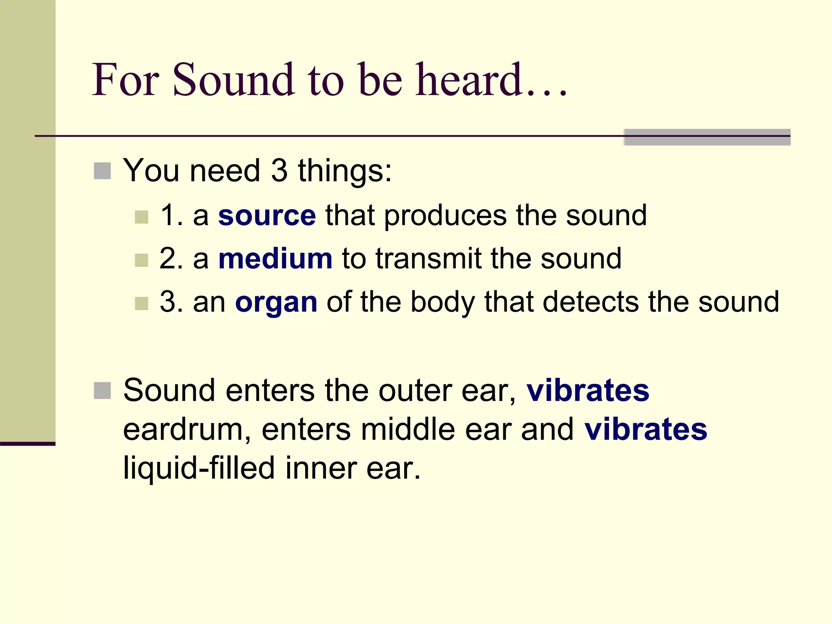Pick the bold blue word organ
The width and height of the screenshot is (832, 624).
[276, 303]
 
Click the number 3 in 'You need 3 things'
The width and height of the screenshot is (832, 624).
[279, 171]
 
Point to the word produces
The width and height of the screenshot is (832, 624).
[445, 216]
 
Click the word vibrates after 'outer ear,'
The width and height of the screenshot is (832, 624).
[588, 391]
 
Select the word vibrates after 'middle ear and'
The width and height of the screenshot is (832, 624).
[646, 430]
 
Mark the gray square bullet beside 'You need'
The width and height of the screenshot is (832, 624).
[102, 171]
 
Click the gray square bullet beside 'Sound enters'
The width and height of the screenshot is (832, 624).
[102, 391]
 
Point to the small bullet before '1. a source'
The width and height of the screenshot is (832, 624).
[141, 217]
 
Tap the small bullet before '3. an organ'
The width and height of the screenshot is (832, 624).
[141, 303]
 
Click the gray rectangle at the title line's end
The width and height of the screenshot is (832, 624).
[707, 137]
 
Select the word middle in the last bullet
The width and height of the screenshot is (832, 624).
[408, 430]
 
